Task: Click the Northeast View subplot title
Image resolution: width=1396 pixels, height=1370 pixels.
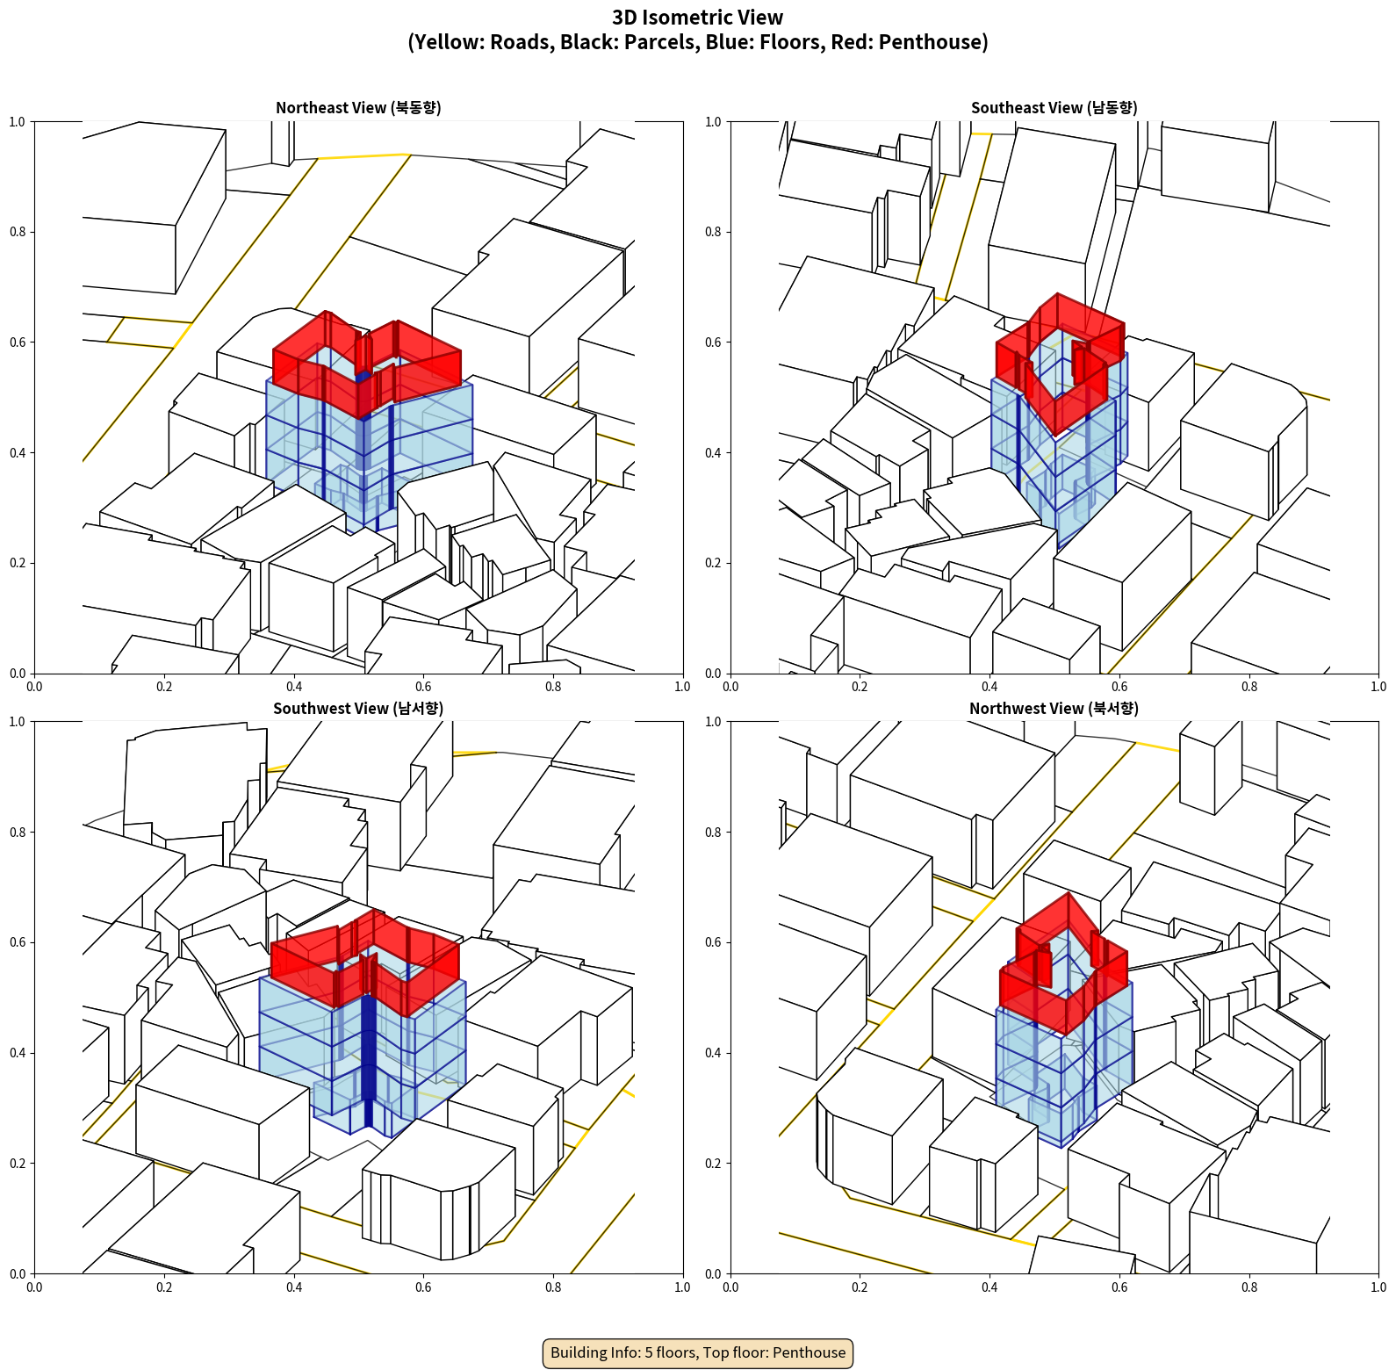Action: coord(358,108)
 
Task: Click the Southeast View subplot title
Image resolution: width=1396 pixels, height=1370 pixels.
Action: coord(1054,108)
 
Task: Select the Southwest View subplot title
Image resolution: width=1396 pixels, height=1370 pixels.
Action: coord(358,709)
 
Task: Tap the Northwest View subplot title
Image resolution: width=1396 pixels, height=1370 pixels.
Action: coord(1054,709)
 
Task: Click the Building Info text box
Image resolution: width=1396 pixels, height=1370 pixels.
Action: coord(698,1352)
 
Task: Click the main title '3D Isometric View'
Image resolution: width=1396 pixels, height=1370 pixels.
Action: coord(698,18)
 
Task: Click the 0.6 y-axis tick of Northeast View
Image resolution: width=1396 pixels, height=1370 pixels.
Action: coord(18,342)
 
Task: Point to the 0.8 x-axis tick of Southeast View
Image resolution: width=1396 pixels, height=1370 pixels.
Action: coord(1249,687)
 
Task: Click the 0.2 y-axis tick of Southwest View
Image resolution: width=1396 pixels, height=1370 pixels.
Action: coord(18,1164)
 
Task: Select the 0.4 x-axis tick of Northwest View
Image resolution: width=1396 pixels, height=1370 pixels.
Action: coord(989,1287)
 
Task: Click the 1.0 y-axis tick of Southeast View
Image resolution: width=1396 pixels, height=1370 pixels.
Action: coord(713,122)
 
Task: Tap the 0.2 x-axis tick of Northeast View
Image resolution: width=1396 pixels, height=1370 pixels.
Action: coord(164,687)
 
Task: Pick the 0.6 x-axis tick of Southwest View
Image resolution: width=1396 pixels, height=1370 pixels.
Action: coord(423,1287)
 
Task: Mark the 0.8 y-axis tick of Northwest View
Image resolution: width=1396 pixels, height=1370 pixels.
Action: coord(713,833)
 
